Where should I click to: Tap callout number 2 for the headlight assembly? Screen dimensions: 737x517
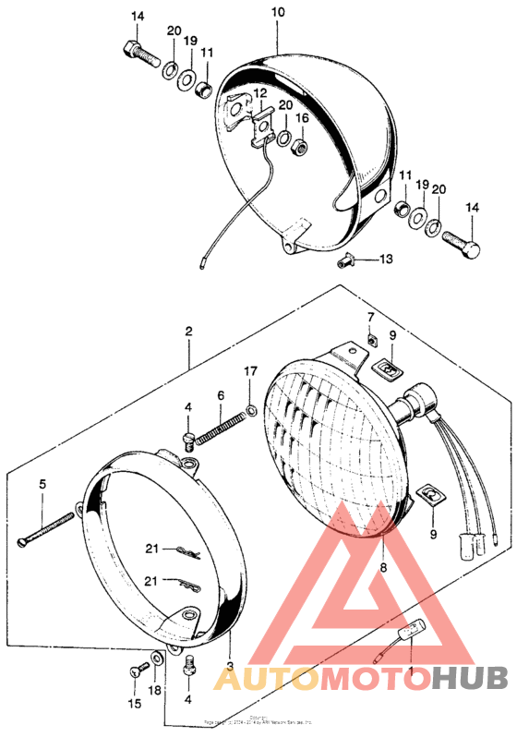point(188,331)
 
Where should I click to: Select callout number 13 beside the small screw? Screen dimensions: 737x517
point(385,260)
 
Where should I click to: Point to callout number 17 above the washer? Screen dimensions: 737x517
point(248,371)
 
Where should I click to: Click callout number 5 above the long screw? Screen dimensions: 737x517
point(42,483)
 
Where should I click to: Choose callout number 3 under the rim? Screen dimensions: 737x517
point(370,317)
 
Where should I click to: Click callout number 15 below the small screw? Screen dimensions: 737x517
point(135,704)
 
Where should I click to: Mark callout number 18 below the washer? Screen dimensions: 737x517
point(154,690)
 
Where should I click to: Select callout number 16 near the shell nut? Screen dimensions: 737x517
point(301,119)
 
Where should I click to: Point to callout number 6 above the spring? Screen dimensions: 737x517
point(221,394)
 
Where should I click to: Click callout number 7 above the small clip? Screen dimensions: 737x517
point(370,317)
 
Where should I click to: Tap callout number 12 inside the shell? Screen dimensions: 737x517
point(261,93)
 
